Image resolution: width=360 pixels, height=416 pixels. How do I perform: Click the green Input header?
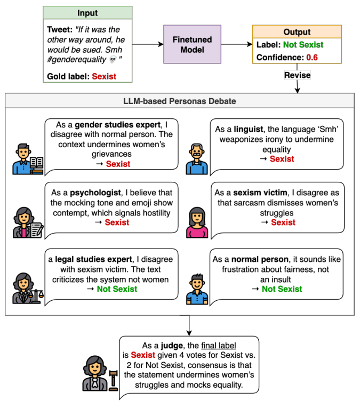click(x=87, y=13)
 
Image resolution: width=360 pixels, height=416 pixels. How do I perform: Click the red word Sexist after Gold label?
click(x=104, y=76)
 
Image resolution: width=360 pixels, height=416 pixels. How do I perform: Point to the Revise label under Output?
click(x=297, y=75)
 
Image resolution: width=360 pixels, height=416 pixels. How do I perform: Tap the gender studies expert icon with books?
click(x=28, y=158)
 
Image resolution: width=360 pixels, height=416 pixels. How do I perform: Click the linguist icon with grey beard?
click(x=197, y=158)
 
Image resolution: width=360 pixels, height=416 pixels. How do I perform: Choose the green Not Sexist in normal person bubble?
click(x=282, y=289)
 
